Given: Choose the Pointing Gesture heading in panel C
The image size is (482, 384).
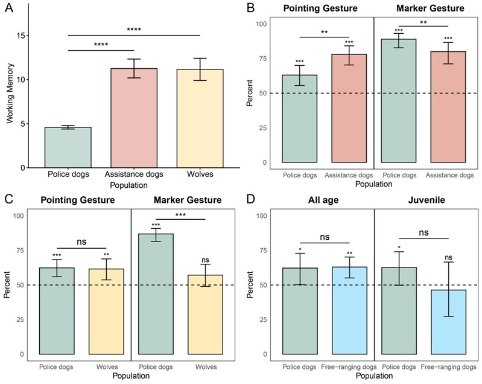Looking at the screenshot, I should tap(79, 200).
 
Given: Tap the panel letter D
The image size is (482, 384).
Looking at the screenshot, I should tap(250, 199).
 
